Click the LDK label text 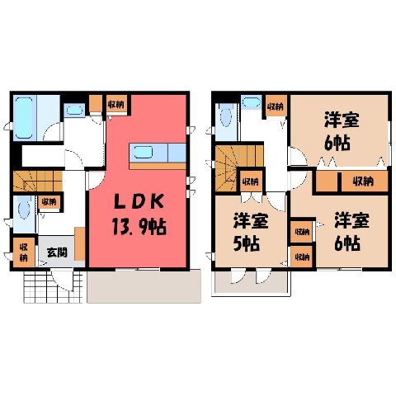(139, 202)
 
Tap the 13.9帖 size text (139, 227)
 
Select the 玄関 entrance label (57, 252)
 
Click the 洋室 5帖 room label (251, 232)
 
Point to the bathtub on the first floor (24, 118)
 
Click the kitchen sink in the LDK (144, 152)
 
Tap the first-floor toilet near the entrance (24, 210)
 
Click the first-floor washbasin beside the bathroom (74, 110)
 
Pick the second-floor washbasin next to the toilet (252, 101)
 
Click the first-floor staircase (38, 181)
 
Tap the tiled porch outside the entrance (53, 287)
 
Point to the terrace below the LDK (144, 286)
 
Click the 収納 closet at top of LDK (116, 104)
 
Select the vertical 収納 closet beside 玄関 (24, 252)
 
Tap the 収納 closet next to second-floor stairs (251, 181)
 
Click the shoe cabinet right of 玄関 (80, 243)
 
